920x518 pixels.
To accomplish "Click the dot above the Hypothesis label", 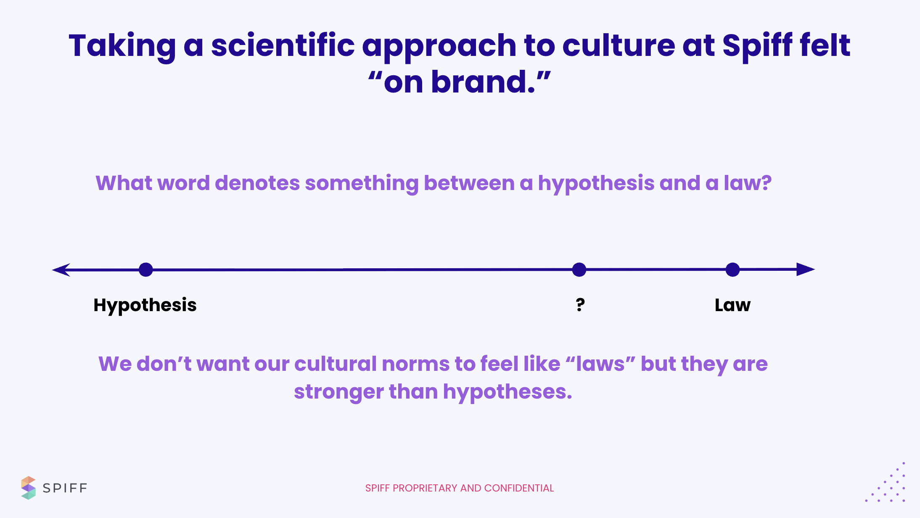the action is pos(146,270).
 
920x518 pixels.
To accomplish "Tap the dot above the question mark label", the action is pos(579,270).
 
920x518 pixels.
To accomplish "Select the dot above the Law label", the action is pos(732,270).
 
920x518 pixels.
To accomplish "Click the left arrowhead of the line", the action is pos(61,270).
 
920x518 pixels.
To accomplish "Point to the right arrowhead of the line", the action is pos(806,269).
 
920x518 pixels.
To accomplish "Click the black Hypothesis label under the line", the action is pos(145,305).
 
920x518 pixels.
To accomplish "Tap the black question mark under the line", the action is pos(580,304).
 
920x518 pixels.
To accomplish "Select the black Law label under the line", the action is pos(732,305).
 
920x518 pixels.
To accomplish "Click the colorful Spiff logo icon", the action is pos(28,488).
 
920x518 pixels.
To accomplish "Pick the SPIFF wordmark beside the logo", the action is pos(65,488).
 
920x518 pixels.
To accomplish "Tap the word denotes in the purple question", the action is pos(257,183).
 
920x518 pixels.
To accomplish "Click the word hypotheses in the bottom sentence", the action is pos(508,392).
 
